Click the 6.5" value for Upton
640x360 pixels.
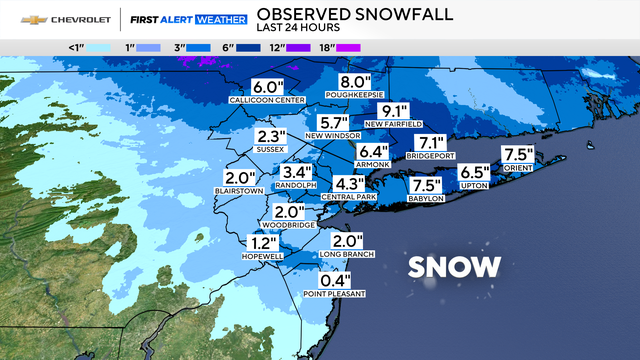point(475,172)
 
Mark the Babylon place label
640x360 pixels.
point(426,198)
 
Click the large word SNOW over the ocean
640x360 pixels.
point(455,266)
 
